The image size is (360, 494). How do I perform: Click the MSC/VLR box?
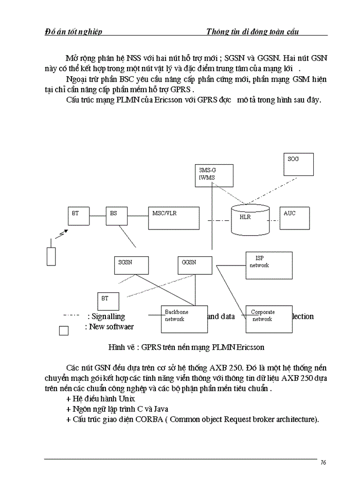(x=173, y=218)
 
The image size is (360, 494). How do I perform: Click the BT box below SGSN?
(x=109, y=302)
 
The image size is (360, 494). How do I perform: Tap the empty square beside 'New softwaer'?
(x=64, y=330)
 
